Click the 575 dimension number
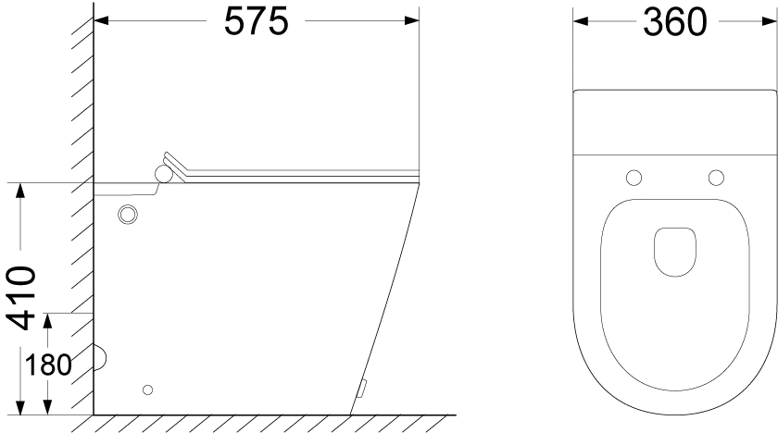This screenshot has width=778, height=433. click(256, 22)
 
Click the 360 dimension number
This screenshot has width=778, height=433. click(675, 23)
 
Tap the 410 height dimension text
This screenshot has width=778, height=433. click(22, 298)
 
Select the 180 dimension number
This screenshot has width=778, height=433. click(47, 366)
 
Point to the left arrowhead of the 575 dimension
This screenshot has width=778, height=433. click(101, 20)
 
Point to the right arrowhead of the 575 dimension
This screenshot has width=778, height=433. click(412, 20)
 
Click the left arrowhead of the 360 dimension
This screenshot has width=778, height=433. click(581, 21)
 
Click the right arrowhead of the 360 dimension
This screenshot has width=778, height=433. click(769, 21)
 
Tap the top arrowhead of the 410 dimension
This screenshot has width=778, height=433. click(20, 191)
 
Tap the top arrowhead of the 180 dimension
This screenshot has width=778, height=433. click(47, 320)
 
